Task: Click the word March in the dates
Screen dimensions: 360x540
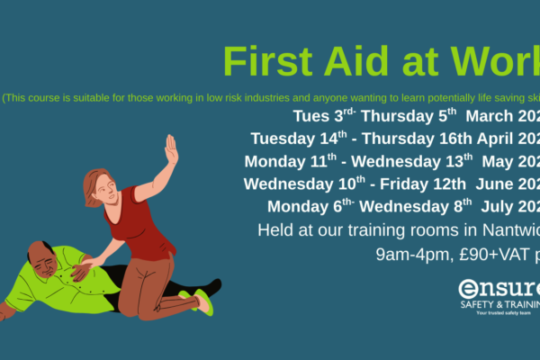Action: tap(494, 117)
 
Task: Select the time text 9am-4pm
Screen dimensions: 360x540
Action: tap(408, 255)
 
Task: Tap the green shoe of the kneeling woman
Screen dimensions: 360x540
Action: tap(203, 301)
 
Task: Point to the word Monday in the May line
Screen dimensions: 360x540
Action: tap(277, 162)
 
